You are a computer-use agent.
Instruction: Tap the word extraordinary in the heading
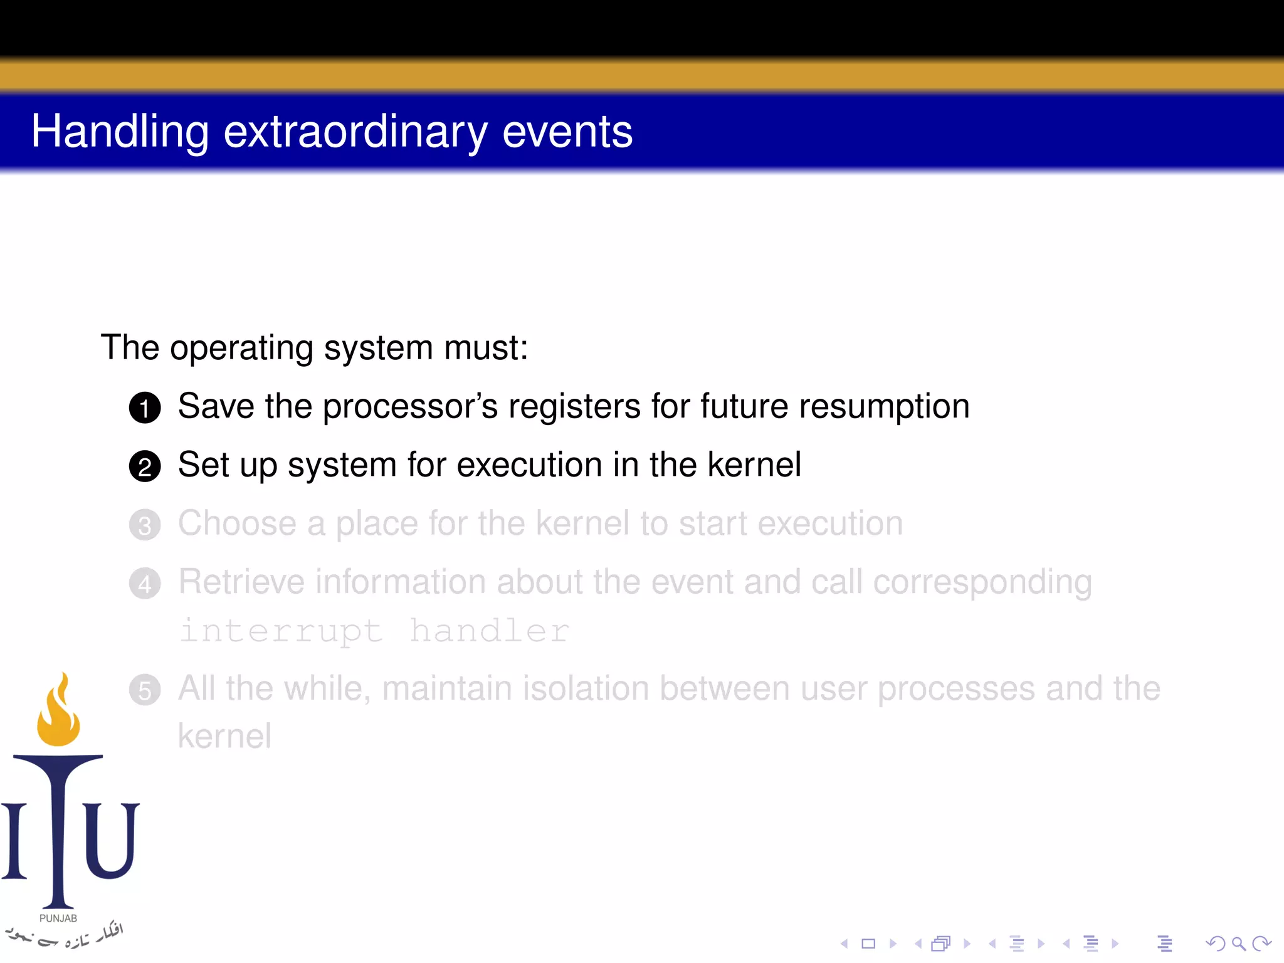click(355, 132)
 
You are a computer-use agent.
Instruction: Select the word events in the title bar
click(567, 132)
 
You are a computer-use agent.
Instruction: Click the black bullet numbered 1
click(145, 408)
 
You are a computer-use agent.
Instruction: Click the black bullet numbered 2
click(145, 467)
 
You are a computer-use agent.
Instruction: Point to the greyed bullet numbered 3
click(145, 525)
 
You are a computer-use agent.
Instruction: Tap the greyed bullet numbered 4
click(145, 584)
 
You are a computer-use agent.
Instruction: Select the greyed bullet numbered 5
click(145, 690)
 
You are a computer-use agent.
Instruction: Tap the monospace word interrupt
click(281, 631)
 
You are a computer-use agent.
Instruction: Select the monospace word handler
click(489, 631)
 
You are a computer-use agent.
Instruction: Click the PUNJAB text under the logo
click(58, 918)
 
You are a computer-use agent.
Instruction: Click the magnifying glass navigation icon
click(1238, 944)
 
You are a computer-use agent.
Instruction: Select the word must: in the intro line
click(486, 347)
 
